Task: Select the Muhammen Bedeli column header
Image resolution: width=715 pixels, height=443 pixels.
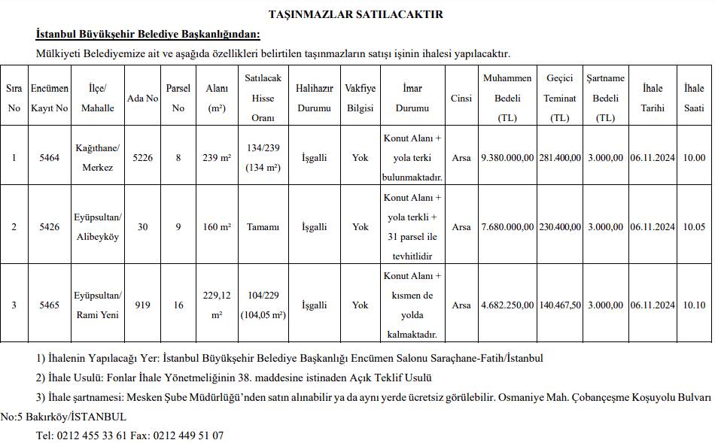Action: [x=507, y=98]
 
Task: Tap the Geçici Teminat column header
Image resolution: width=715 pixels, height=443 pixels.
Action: [x=560, y=98]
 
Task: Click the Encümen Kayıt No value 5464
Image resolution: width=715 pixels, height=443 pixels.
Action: [x=49, y=157]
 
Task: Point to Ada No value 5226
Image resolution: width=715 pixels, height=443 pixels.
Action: [x=142, y=157]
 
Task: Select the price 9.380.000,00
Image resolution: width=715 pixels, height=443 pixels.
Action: [x=507, y=157]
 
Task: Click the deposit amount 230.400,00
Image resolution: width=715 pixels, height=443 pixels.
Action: [x=560, y=226]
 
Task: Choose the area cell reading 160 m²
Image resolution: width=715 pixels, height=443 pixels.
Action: [x=217, y=226]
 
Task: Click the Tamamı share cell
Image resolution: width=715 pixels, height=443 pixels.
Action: [x=263, y=226]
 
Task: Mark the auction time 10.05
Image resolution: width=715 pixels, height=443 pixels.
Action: [x=693, y=226]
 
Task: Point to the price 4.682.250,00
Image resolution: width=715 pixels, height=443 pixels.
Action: [x=507, y=305]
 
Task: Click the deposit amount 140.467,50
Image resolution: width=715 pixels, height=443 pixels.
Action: [x=560, y=305]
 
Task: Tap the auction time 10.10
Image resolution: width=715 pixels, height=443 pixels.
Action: [x=693, y=305]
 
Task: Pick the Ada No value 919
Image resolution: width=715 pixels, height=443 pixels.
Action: [x=142, y=305]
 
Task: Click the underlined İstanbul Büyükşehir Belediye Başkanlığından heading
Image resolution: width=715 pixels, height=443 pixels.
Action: [x=148, y=35]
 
